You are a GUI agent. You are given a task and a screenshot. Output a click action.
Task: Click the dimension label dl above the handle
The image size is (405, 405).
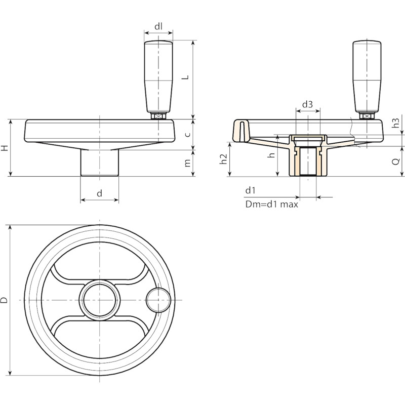coord(158,26)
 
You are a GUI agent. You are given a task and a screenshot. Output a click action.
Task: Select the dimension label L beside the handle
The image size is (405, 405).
coord(186,77)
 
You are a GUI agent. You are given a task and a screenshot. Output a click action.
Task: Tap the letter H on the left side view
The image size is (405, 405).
coord(5,148)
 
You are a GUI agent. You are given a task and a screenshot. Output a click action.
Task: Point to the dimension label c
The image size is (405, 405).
coord(188,135)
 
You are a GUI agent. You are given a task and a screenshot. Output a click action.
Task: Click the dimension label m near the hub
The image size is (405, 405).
coord(187,163)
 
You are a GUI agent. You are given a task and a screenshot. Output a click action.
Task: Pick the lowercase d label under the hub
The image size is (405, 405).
coord(100,193)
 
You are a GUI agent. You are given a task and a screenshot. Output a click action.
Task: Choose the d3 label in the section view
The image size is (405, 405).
coord(307,104)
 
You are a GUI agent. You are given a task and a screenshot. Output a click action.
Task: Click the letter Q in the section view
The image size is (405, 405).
coord(396,161)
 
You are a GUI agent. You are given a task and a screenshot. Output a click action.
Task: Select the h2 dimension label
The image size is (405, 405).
coord(223,159)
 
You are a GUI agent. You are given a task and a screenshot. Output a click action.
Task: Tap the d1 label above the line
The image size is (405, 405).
coord(250,191)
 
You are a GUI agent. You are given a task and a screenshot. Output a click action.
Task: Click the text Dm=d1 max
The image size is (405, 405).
coord(272,205)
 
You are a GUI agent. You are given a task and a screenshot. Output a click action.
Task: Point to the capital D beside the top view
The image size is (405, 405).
coord(5,300)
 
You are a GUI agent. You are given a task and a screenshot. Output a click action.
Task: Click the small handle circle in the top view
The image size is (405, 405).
coord(158,300)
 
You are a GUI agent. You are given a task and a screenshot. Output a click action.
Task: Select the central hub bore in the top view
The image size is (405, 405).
coord(99,300)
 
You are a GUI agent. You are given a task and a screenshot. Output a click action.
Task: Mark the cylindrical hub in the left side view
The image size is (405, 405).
coord(100,163)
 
